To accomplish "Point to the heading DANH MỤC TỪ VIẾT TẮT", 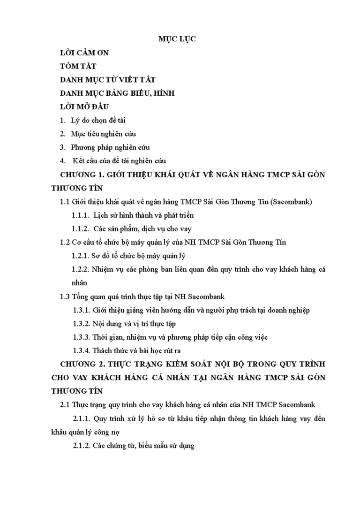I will click(108, 80).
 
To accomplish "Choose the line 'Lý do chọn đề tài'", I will click(98, 121).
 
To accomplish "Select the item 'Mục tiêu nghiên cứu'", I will click(103, 134).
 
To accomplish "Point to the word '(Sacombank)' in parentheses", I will click(292, 202).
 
